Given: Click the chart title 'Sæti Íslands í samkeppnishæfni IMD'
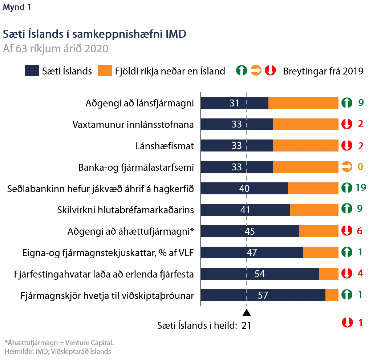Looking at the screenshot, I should pos(94,34).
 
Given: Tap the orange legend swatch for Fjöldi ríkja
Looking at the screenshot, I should pos(105,71).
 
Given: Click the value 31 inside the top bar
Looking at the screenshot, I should pos(235,104).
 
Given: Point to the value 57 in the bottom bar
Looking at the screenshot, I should pos(263,295).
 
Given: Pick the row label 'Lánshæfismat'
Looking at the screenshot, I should pos(164,146).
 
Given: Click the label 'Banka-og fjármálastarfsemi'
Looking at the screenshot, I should pos(136,167).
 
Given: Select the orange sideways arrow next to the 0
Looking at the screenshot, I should pos(347,167).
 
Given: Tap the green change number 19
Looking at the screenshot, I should pos(361,188).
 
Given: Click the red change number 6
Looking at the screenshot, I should pos(360,231).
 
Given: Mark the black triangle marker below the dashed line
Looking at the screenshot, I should pos(247,313).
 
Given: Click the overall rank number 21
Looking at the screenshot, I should pos(246,325).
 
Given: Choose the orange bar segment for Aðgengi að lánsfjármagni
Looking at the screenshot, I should pos(303,103).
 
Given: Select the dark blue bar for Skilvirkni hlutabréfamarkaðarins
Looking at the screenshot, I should pos(246,210).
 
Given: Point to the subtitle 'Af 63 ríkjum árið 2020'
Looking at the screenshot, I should pos(55,49).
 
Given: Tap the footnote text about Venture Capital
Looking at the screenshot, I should pos(59,342).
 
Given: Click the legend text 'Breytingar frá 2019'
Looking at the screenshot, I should pos(323,71).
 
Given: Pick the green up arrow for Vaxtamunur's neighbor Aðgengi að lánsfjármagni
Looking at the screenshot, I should pos(347,103).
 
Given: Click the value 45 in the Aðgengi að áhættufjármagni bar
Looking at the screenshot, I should pos(250,231).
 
